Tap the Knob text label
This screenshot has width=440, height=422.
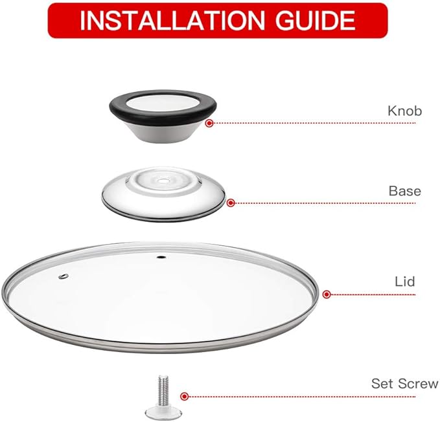(x=404, y=111)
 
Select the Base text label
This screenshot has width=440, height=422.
(x=404, y=191)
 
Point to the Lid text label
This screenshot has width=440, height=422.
(x=404, y=282)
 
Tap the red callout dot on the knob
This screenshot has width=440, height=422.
(x=209, y=123)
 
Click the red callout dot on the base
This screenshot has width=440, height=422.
(x=230, y=203)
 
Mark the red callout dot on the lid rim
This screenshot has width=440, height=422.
(x=327, y=294)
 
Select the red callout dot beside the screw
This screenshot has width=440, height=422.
(x=185, y=396)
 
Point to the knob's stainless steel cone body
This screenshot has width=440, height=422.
(x=162, y=133)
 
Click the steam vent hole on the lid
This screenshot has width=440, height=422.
(x=64, y=277)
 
